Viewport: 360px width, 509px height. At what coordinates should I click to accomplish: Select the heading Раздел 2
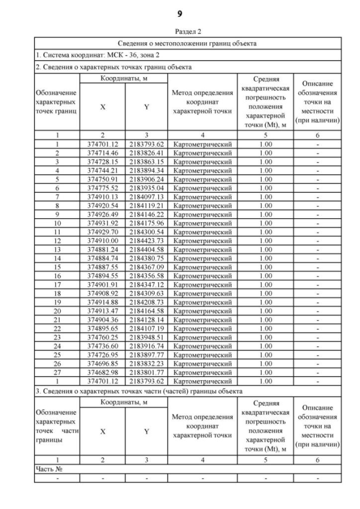(x=180, y=33)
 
